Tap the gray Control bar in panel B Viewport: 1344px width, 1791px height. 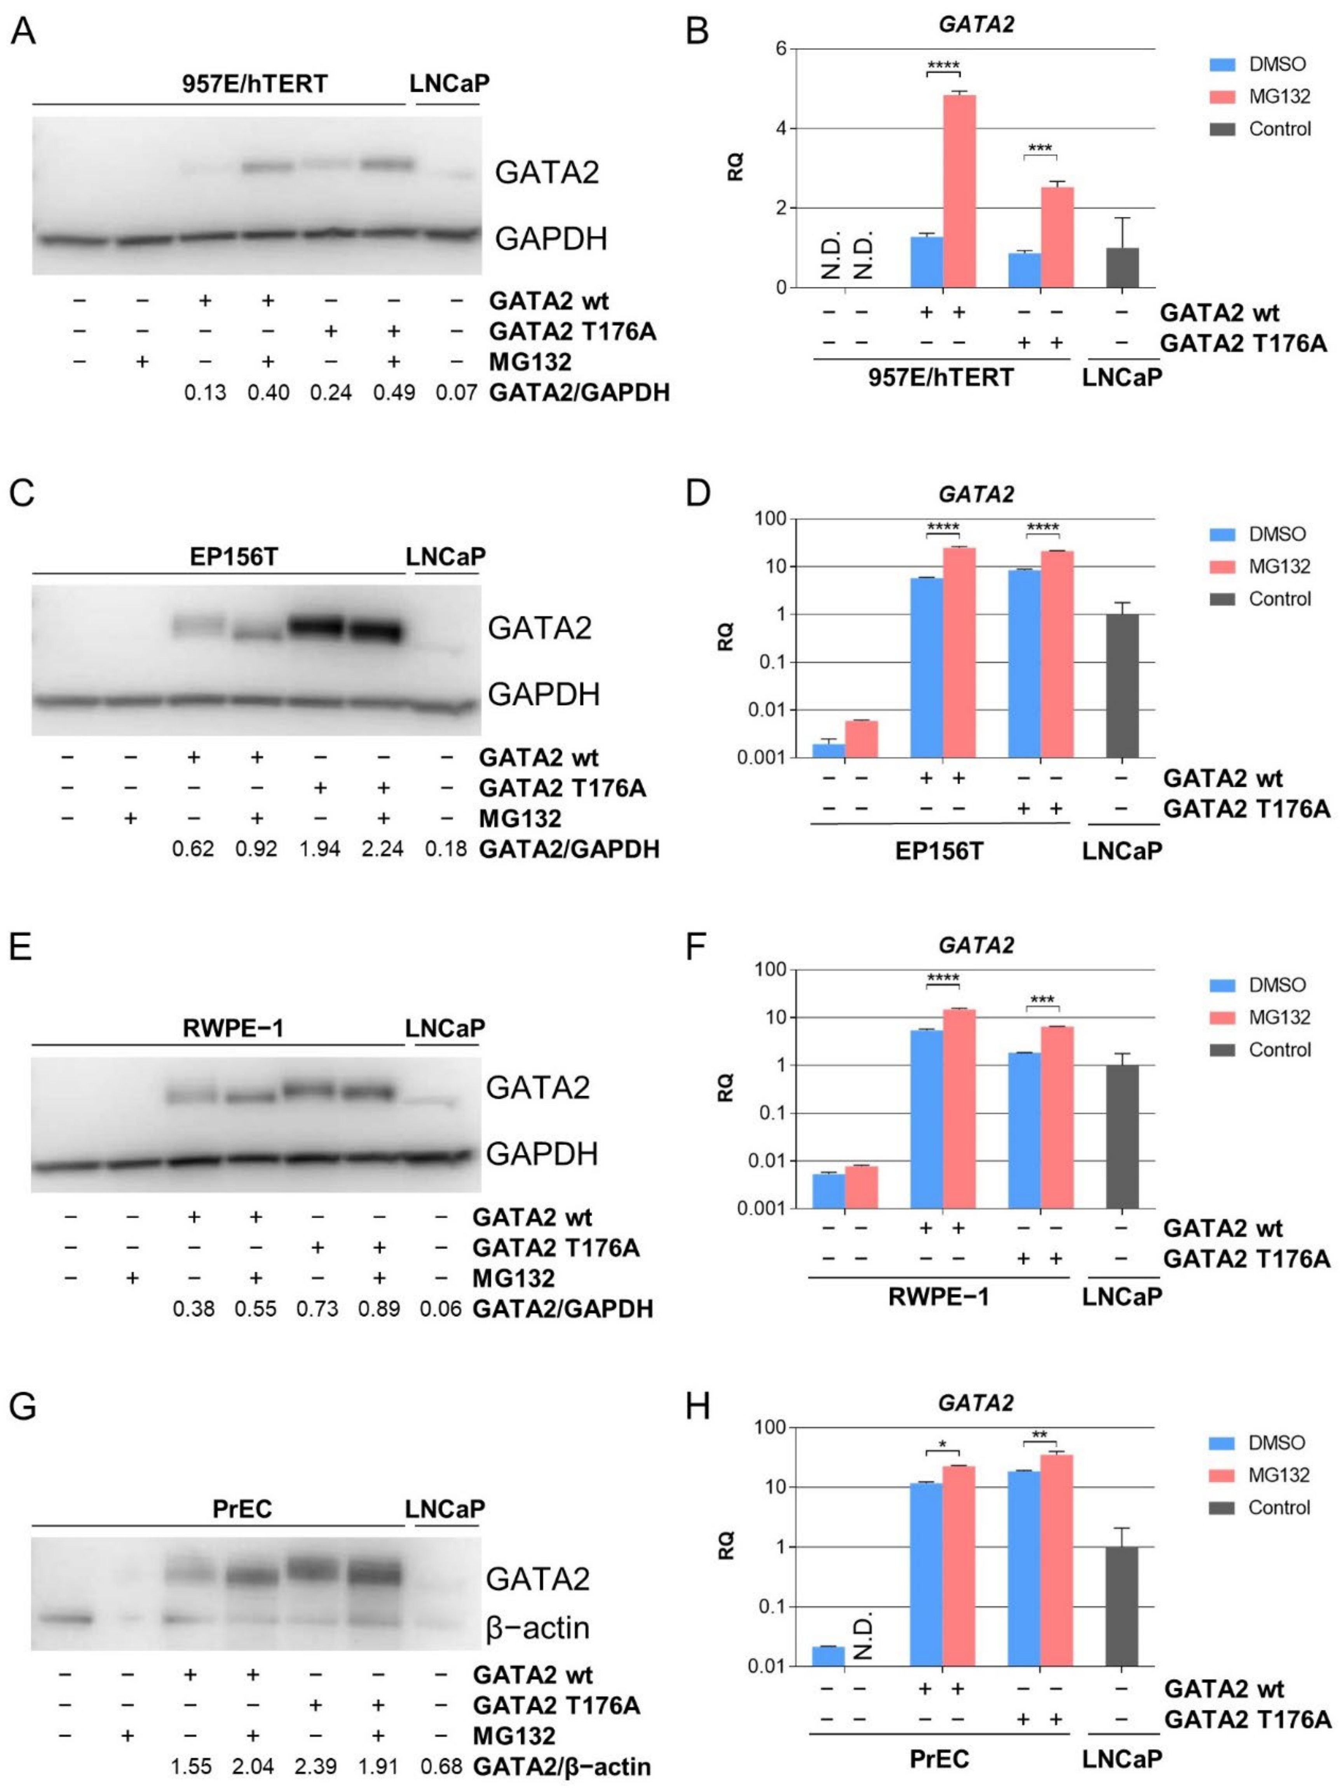click(1121, 267)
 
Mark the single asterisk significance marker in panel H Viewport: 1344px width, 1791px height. click(942, 1445)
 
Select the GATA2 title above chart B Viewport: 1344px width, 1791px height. click(976, 24)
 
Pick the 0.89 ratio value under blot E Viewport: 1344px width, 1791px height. click(379, 1309)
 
